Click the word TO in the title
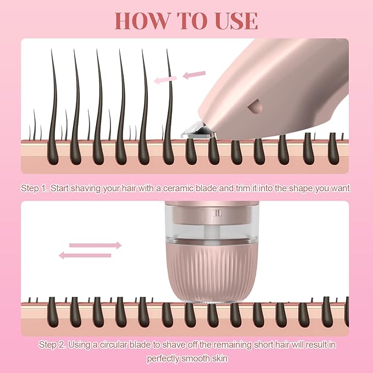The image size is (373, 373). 190,21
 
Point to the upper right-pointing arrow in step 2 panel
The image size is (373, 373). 95,245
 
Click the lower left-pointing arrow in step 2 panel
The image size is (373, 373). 85,255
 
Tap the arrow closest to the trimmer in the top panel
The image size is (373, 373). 194,75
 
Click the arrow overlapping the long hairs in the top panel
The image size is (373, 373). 165,80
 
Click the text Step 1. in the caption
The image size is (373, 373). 35,188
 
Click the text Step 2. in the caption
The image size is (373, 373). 52,344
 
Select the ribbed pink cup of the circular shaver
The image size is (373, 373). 208,272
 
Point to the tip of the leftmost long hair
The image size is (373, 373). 52,49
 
